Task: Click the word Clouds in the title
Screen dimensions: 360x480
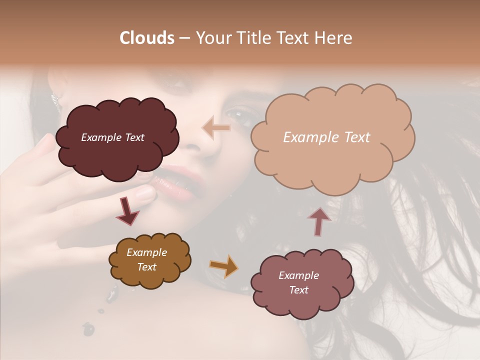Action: coord(146,38)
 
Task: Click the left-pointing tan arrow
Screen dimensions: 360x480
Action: coord(216,128)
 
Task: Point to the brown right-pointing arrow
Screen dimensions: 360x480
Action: coord(224,266)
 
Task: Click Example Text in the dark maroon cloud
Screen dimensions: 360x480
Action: coord(112,137)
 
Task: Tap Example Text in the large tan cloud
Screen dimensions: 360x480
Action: coord(326,137)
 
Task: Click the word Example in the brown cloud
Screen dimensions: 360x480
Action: coord(146,252)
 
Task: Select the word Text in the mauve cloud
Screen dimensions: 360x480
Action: coord(298,290)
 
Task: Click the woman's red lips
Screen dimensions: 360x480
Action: coord(172,182)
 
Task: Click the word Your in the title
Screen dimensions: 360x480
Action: coord(211,38)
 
